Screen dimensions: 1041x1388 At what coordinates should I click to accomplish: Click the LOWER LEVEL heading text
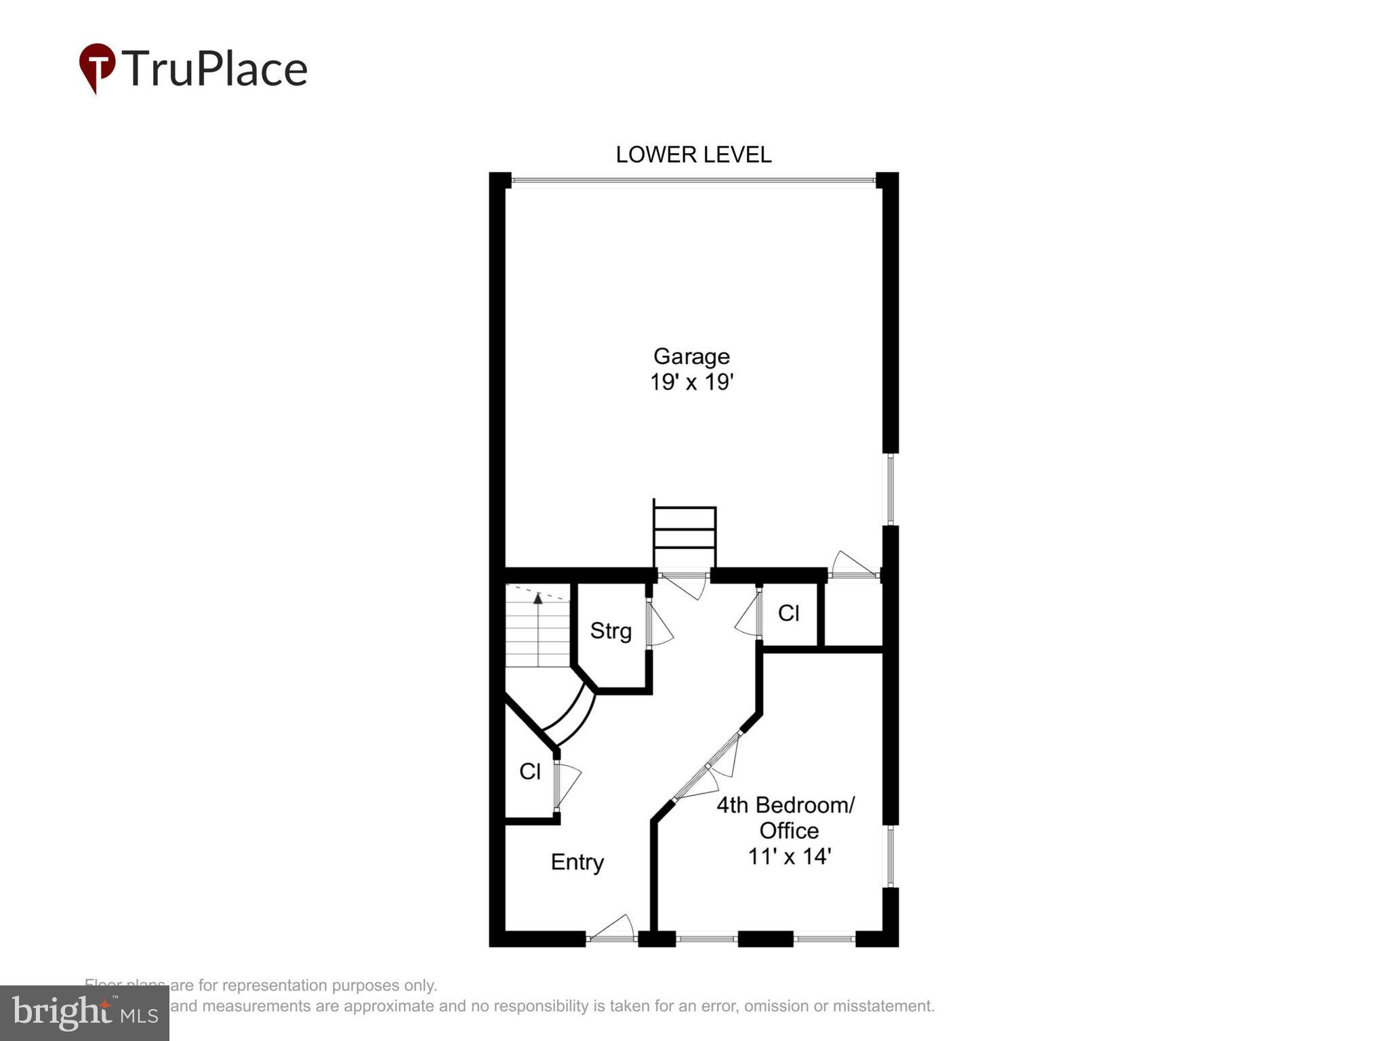693,155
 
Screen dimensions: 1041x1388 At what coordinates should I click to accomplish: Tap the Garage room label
691,356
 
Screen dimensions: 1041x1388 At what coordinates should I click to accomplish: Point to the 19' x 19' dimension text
691,382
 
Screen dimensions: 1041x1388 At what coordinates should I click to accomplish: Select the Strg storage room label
610,631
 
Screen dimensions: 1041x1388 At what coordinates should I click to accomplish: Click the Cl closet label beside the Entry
529,771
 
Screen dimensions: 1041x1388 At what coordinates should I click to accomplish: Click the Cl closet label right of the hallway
788,613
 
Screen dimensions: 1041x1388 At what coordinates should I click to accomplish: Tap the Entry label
577,862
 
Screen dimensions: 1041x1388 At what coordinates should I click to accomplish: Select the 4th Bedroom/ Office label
786,817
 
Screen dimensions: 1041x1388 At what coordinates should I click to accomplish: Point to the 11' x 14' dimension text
789,857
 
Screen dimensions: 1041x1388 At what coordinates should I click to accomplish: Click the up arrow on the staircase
538,598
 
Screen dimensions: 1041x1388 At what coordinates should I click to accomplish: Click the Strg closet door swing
659,625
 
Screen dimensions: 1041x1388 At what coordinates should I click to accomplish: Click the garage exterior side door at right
853,565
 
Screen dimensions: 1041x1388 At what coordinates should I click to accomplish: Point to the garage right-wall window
891,489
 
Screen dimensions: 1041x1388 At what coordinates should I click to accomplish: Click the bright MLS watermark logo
85,1013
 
